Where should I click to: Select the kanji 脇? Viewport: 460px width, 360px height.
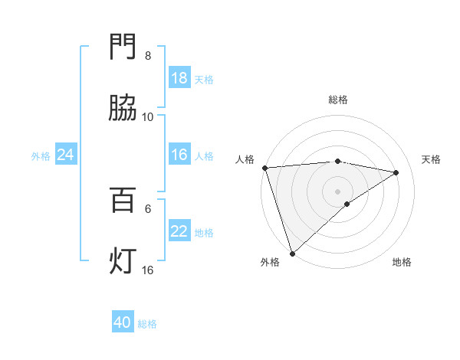[123, 110]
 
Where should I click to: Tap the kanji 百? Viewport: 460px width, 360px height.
[123, 201]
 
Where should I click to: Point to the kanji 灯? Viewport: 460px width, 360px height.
[123, 262]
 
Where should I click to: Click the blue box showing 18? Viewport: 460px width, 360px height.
[179, 78]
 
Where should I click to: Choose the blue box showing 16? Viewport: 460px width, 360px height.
[179, 155]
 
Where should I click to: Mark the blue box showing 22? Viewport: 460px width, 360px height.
[179, 231]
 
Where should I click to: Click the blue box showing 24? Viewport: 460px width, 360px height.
[66, 155]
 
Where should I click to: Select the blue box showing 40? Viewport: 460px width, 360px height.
[123, 323]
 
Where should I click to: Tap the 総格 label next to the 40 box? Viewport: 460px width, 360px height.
[147, 324]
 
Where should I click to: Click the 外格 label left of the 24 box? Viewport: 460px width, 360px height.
[41, 155]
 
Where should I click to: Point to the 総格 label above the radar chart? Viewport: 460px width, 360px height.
[338, 100]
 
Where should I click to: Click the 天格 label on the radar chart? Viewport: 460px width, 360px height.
[432, 159]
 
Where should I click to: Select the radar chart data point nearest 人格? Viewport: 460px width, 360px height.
[264, 168]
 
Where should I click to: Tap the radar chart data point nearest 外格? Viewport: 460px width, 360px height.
[292, 253]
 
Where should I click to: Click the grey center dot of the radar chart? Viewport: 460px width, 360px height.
[338, 191]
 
